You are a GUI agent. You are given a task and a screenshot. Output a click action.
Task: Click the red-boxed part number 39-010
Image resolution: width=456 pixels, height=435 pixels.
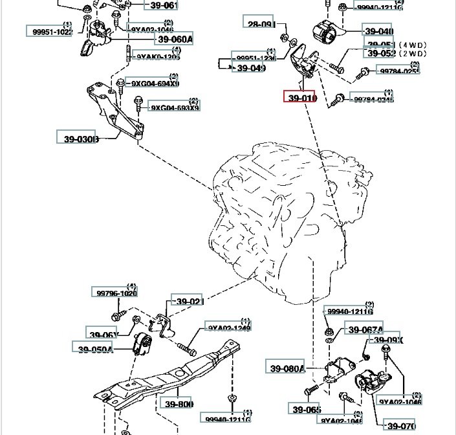pos(299,98)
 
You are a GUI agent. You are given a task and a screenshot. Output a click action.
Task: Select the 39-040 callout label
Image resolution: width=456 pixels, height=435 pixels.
pos(378,31)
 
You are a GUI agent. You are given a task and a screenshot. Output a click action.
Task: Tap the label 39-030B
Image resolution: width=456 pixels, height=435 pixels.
pos(81,139)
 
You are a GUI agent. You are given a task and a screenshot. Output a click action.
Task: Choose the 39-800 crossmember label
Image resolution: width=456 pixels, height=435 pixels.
pos(179,405)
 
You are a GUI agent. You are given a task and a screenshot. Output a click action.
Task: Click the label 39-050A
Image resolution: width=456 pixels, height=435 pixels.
pos(96,350)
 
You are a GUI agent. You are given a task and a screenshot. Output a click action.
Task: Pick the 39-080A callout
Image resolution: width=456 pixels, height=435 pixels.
pos(285,369)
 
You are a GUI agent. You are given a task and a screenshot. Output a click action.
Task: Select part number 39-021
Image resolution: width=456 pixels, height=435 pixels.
pos(188,302)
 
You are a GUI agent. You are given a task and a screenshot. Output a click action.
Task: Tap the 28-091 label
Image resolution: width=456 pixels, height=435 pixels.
pos(259,24)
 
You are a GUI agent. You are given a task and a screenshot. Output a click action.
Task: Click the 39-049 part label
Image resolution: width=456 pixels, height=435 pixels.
pos(251,68)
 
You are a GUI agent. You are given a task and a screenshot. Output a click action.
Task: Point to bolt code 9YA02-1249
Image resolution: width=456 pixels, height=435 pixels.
pos(229,328)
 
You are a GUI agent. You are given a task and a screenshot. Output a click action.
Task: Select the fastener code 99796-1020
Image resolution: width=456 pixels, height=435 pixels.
pos(117,293)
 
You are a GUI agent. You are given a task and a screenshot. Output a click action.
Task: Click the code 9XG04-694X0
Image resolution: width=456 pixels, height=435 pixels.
pos(155,84)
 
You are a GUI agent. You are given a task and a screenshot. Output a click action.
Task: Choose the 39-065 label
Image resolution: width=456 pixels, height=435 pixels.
pos(306,409)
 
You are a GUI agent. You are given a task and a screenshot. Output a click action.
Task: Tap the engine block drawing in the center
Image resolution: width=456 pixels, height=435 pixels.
pos(278,220)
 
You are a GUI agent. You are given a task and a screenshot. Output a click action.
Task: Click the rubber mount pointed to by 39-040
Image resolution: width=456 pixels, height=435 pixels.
pos(325,32)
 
